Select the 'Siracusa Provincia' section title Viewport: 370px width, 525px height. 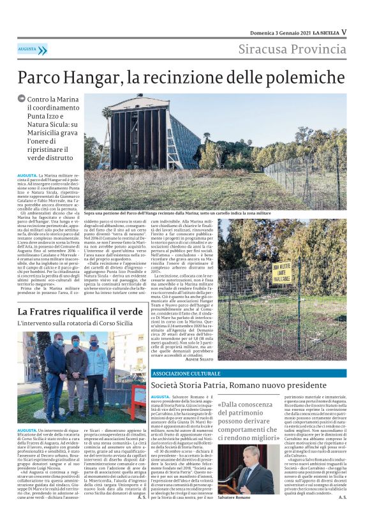point(293,50)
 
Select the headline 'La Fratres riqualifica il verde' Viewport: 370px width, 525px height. point(80,311)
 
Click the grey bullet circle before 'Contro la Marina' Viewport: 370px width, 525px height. point(22,99)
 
